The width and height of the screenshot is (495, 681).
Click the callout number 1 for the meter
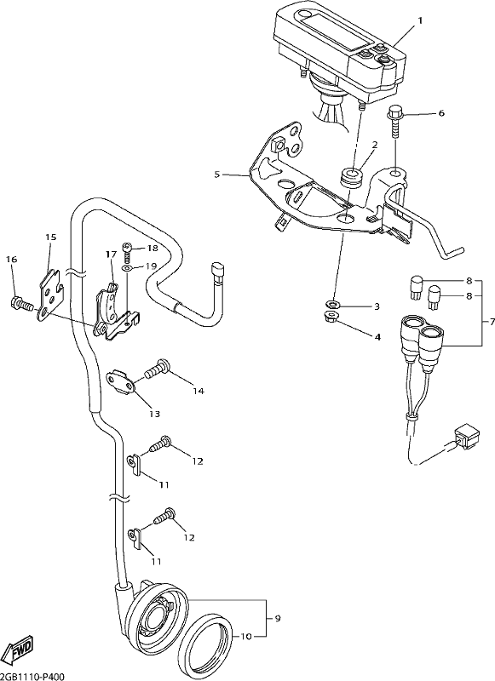(x=420, y=20)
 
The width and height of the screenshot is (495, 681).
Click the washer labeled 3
(x=331, y=303)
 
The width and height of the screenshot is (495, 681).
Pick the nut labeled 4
(x=332, y=316)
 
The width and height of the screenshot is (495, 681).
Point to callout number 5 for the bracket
(x=217, y=175)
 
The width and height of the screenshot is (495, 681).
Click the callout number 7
(x=492, y=323)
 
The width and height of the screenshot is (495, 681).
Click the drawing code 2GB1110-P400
(x=32, y=677)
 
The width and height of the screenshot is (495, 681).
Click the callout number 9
(x=277, y=618)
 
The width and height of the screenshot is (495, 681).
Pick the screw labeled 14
(x=158, y=369)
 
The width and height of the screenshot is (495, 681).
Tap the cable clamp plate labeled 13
(x=122, y=381)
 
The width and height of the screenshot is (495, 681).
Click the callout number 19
(x=150, y=266)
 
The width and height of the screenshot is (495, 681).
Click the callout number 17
(x=111, y=254)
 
